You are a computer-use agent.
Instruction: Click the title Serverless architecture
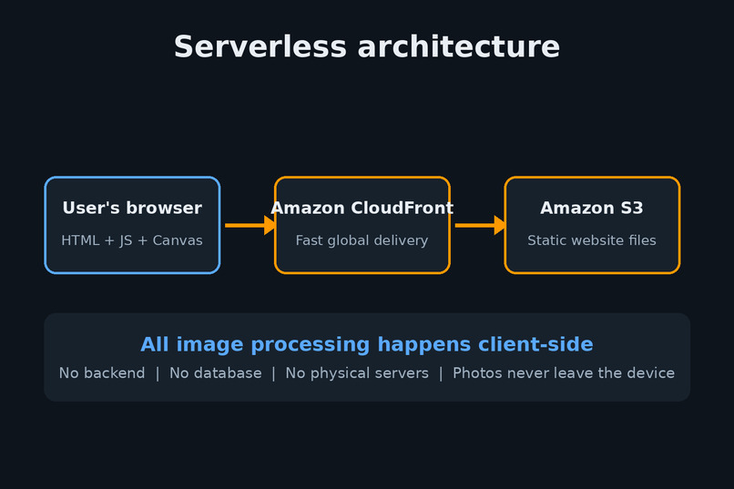point(366,46)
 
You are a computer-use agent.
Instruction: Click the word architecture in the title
point(459,46)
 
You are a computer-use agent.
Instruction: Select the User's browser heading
point(132,208)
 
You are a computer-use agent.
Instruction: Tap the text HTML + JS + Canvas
point(132,240)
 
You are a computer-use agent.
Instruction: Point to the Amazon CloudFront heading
point(362,208)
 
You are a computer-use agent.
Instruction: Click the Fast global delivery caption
point(362,240)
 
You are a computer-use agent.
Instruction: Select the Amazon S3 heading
point(592,208)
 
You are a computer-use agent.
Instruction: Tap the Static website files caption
point(592,240)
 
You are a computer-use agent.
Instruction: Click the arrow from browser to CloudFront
point(250,226)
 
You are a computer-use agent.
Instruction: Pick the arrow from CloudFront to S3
point(480,226)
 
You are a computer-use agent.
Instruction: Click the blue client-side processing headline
point(366,344)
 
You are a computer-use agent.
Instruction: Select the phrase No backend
point(102,373)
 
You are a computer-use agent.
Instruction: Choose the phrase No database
point(215,373)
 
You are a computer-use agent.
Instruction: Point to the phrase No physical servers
point(357,373)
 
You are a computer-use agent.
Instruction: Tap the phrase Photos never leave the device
point(564,373)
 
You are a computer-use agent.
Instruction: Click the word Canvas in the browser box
point(178,240)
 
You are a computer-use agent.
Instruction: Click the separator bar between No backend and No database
point(158,373)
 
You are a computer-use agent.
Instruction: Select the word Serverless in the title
point(260,46)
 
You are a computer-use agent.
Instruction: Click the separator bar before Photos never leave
point(441,373)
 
